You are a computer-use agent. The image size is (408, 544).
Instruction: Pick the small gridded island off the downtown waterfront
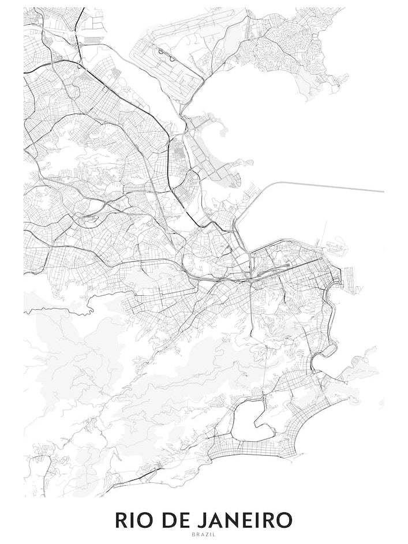(335, 246)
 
